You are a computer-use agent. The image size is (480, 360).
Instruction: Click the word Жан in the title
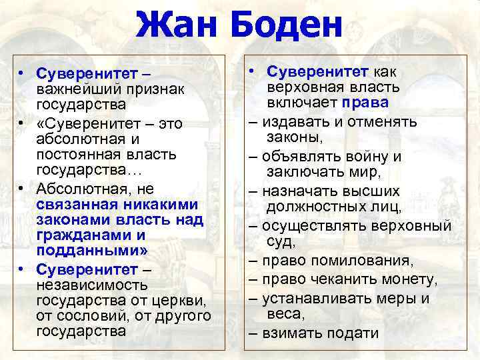pos(177,25)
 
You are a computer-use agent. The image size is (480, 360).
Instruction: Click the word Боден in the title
pos(287,25)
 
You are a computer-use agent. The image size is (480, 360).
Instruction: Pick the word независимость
pos(87,284)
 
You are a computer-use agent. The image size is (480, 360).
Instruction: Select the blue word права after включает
pos(367,103)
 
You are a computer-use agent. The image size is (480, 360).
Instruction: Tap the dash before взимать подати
pos(254,333)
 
